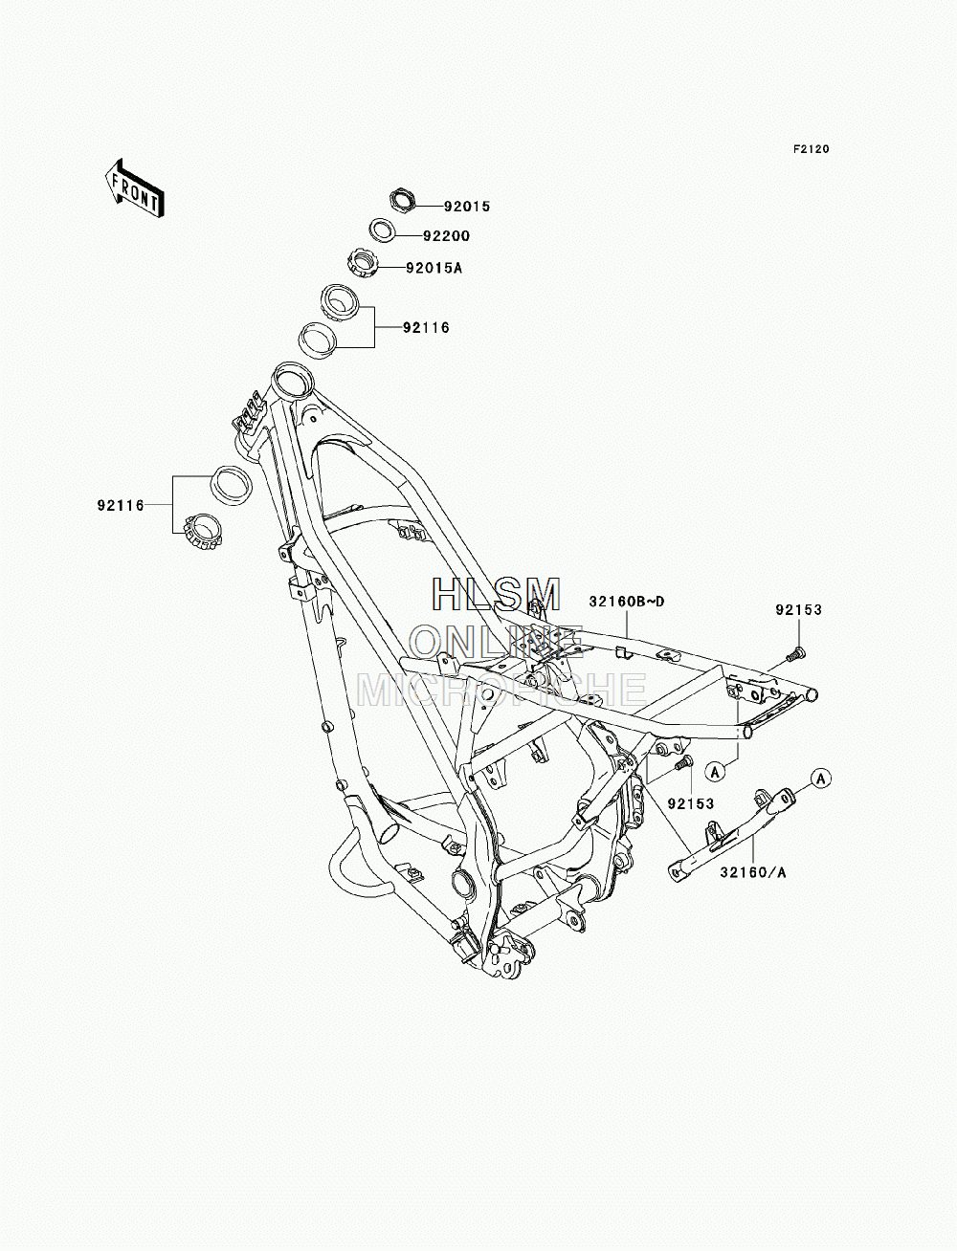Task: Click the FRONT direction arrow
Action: pyautogui.click(x=134, y=187)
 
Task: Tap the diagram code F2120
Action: pyautogui.click(x=811, y=149)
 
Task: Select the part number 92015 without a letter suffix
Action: pyautogui.click(x=467, y=207)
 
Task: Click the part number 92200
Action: pyautogui.click(x=446, y=236)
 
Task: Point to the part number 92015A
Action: pyautogui.click(x=434, y=267)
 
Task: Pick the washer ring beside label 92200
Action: pyautogui.click(x=382, y=230)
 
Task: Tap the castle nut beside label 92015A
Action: pyautogui.click(x=362, y=263)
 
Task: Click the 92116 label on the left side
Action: pyautogui.click(x=121, y=505)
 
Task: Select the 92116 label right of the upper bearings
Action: pyautogui.click(x=427, y=328)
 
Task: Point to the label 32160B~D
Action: pyautogui.click(x=627, y=602)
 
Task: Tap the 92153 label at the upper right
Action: pyautogui.click(x=798, y=610)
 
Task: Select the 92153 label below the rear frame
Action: pyautogui.click(x=691, y=803)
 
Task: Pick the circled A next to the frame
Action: pyautogui.click(x=715, y=772)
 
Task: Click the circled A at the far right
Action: pyautogui.click(x=821, y=778)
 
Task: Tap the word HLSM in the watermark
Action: pyautogui.click(x=496, y=594)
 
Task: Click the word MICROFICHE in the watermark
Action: pyautogui.click(x=501, y=689)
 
